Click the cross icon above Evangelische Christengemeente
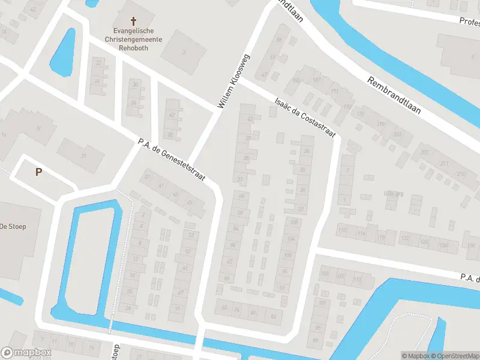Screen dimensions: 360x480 click(x=133, y=20)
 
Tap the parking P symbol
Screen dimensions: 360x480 click(x=38, y=172)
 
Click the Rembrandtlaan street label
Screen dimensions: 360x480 click(x=394, y=95)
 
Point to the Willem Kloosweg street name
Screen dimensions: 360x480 click(x=234, y=81)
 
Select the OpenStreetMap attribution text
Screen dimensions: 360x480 click(x=455, y=356)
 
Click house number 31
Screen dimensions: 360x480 click(x=84, y=156)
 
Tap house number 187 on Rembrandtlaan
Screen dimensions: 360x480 click(x=317, y=79)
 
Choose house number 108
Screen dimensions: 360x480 click(x=293, y=223)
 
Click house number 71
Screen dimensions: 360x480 click(x=178, y=308)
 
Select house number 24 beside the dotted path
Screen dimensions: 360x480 click(x=128, y=308)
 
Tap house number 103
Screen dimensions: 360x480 click(x=325, y=274)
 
